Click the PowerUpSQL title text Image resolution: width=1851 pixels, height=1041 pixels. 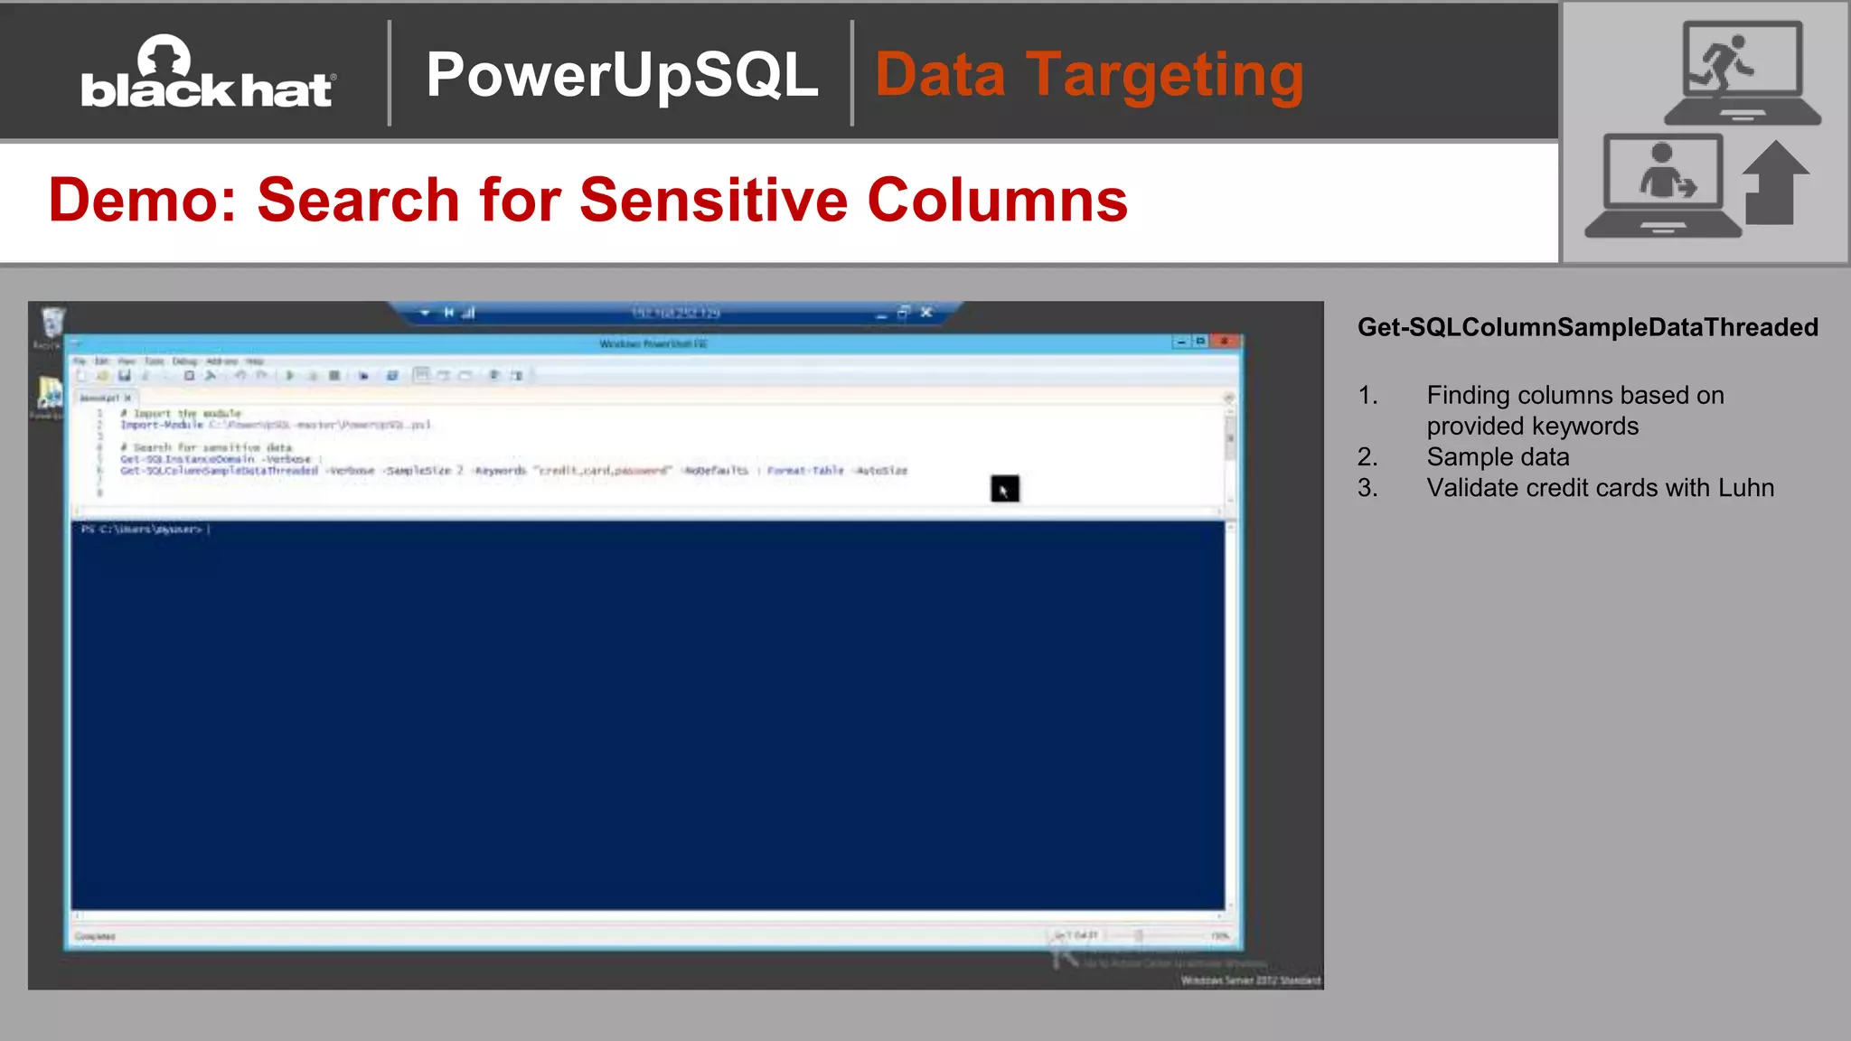pos(622,74)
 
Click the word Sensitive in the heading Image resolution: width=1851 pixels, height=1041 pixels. pos(713,200)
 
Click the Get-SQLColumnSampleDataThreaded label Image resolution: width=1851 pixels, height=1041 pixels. pos(1587,327)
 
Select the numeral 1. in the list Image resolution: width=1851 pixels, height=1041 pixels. pos(1367,396)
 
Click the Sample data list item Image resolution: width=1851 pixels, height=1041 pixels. pos(1498,457)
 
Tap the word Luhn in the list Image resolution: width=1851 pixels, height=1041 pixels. pos(1746,488)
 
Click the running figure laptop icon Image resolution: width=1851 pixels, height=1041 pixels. pos(1742,72)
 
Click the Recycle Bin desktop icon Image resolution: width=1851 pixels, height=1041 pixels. pos(52,324)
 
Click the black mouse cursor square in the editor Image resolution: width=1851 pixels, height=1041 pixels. pos(1004,489)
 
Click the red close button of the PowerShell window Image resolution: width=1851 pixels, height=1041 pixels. pos(1225,342)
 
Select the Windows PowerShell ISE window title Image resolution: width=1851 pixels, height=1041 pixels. pos(653,343)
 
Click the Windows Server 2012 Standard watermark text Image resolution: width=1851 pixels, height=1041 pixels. pos(1250,980)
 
